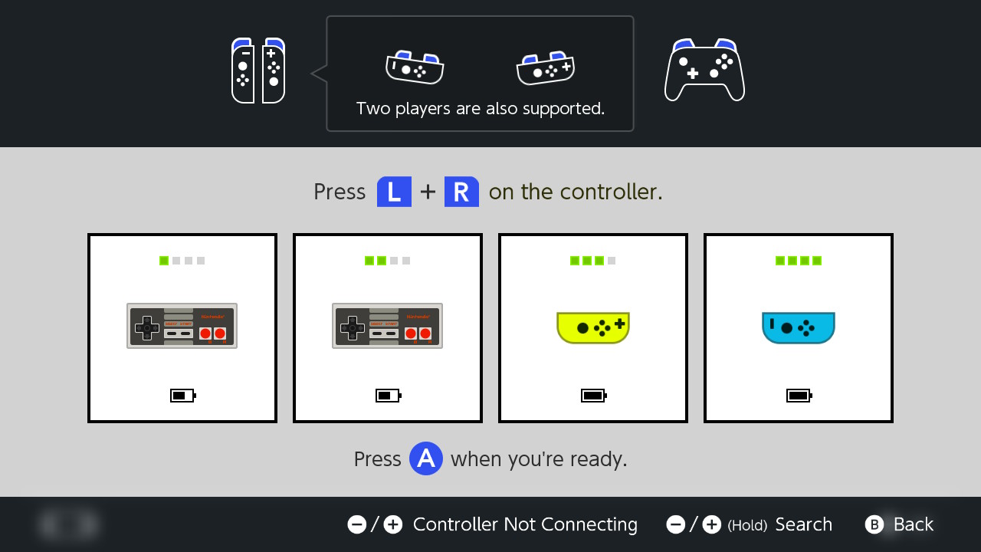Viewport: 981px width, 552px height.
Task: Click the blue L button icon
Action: click(x=394, y=192)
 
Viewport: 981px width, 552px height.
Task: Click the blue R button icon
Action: click(x=461, y=192)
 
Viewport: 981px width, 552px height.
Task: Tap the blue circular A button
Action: click(x=425, y=458)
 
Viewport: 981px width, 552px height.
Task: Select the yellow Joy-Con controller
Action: click(x=593, y=327)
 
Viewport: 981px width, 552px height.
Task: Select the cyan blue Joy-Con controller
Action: click(x=799, y=327)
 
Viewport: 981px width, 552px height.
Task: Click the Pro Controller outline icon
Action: click(x=704, y=70)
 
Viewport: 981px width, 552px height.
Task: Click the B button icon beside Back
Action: click(x=874, y=524)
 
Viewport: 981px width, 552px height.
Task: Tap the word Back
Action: click(x=914, y=524)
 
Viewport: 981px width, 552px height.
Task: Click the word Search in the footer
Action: click(x=804, y=524)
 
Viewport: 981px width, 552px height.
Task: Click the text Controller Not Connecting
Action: click(x=525, y=525)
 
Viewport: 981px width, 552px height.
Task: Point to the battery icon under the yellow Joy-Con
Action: click(x=594, y=396)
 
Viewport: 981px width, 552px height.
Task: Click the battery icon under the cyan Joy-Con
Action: click(x=799, y=396)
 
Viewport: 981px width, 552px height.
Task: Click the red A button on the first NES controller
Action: click(x=220, y=333)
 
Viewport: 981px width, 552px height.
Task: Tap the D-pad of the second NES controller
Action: click(x=353, y=327)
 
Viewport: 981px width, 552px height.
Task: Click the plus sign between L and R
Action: click(x=428, y=192)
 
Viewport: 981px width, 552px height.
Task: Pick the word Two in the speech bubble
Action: click(x=373, y=108)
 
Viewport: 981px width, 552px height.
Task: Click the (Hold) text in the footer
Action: click(x=747, y=525)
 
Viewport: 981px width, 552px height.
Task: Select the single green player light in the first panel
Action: click(x=164, y=261)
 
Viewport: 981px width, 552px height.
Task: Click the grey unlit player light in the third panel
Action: click(x=612, y=261)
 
